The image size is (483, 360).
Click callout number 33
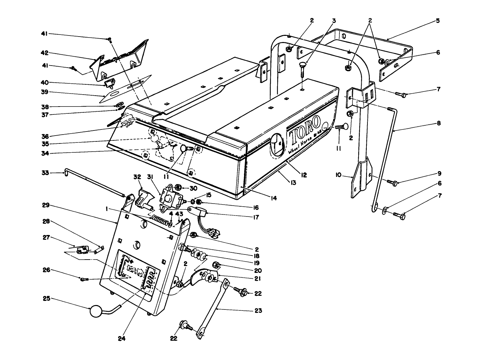[x=44, y=173]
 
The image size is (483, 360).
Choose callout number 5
[x=438, y=21]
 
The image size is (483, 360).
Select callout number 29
[x=46, y=205]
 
